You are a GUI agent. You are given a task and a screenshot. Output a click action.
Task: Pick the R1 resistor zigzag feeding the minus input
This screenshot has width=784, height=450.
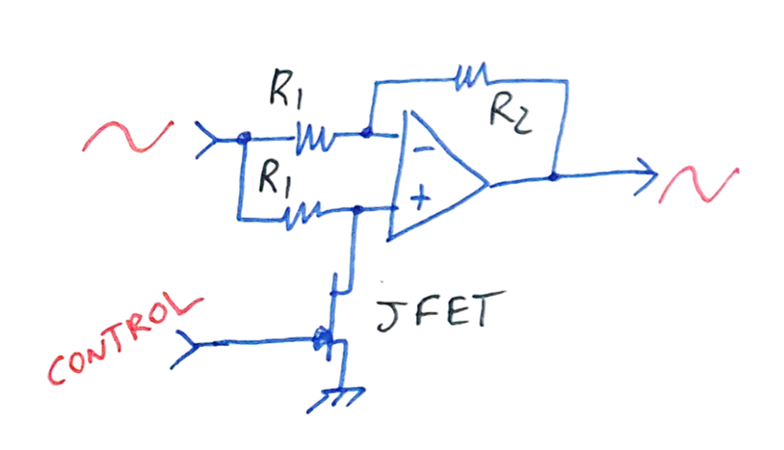pyautogui.click(x=313, y=140)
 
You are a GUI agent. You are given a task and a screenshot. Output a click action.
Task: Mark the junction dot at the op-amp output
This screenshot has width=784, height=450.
pyautogui.click(x=553, y=176)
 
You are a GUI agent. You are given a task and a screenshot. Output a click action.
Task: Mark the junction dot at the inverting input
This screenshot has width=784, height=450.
pyautogui.click(x=367, y=134)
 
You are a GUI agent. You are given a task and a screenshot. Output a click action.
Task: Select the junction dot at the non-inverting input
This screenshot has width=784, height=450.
pyautogui.click(x=357, y=208)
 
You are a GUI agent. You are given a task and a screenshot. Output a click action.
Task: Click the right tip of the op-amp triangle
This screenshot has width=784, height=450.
pyautogui.click(x=490, y=181)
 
